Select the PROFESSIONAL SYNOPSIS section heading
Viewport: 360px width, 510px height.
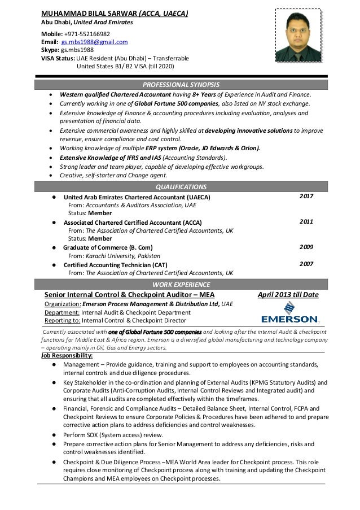coord(180,84)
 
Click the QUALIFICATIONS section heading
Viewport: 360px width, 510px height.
coord(180,187)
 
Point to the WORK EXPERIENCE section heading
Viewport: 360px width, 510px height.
coord(180,284)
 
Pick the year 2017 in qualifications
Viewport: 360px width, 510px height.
coord(306,196)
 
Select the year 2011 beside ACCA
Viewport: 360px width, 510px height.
coord(306,221)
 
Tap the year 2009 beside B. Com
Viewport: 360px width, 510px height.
coord(306,247)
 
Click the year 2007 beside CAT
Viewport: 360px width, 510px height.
coord(306,264)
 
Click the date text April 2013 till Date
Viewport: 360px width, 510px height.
coord(288,294)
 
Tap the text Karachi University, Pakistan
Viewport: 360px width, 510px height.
coord(125,256)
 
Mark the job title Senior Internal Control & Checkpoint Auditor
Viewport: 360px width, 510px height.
coord(130,294)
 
